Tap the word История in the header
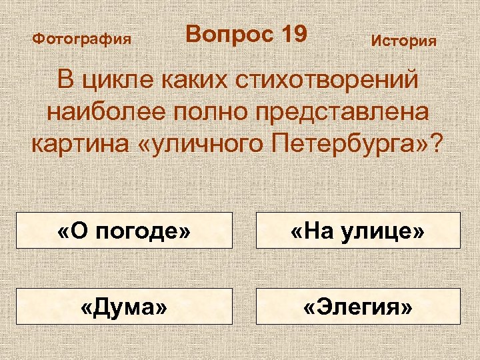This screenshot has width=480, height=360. pos(403,41)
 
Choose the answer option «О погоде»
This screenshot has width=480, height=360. pos(124,230)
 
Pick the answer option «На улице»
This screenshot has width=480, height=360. pos(358,230)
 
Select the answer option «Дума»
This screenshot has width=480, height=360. pos(124,306)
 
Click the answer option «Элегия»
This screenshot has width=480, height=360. pos(358,306)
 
